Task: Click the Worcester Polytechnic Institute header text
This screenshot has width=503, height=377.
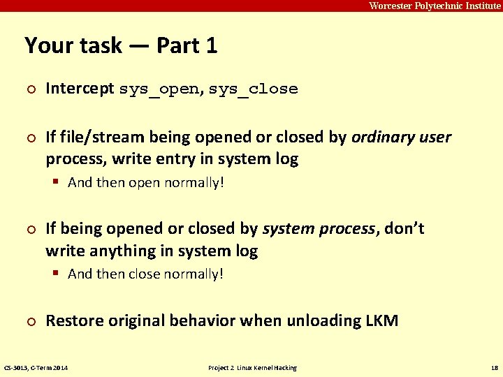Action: [x=434, y=6]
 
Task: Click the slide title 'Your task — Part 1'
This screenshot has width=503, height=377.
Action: [x=121, y=46]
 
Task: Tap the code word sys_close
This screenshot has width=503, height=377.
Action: [x=253, y=89]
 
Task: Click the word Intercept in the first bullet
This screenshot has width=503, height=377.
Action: [x=80, y=89]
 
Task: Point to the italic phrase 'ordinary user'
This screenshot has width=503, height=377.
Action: [x=402, y=137]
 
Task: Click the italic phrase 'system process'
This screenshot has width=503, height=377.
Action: [x=318, y=228]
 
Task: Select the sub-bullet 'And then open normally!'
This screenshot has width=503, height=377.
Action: [x=146, y=182]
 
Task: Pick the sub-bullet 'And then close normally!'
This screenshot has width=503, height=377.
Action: [x=146, y=274]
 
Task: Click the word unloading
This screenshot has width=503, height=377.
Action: [x=313, y=320]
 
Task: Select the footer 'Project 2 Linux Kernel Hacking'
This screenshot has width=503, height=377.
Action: [x=252, y=368]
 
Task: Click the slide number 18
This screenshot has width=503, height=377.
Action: [x=493, y=368]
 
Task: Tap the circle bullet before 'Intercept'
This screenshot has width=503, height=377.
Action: [x=29, y=89]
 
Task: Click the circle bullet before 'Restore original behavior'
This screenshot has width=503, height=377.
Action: [x=29, y=321]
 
